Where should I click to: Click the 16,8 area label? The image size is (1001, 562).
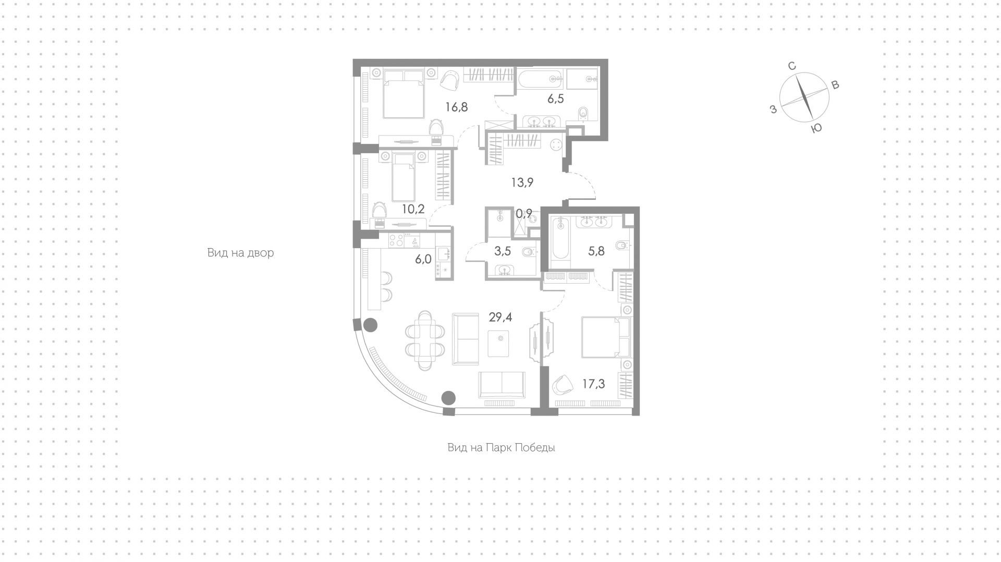pyautogui.click(x=456, y=107)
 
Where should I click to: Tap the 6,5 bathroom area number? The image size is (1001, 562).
pyautogui.click(x=556, y=99)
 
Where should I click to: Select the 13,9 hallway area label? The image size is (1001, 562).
pyautogui.click(x=522, y=182)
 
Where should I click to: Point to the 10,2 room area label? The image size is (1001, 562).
pyautogui.click(x=413, y=209)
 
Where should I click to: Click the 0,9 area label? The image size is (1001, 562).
pyautogui.click(x=524, y=213)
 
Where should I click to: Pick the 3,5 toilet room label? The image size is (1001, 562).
pyautogui.click(x=503, y=251)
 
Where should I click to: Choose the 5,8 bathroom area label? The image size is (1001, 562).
pyautogui.click(x=596, y=251)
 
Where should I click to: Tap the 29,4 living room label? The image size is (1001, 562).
pyautogui.click(x=500, y=317)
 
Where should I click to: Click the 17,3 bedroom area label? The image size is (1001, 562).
pyautogui.click(x=594, y=384)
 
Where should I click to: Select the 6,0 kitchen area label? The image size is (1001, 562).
pyautogui.click(x=423, y=259)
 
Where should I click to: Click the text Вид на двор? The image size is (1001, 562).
pyautogui.click(x=240, y=253)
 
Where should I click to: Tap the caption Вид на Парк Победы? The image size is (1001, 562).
pyautogui.click(x=501, y=447)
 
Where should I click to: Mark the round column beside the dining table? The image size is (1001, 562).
pyautogui.click(x=370, y=326)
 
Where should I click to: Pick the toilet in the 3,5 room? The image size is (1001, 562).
pyautogui.click(x=527, y=252)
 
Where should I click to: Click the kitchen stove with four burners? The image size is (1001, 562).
pyautogui.click(x=396, y=240)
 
